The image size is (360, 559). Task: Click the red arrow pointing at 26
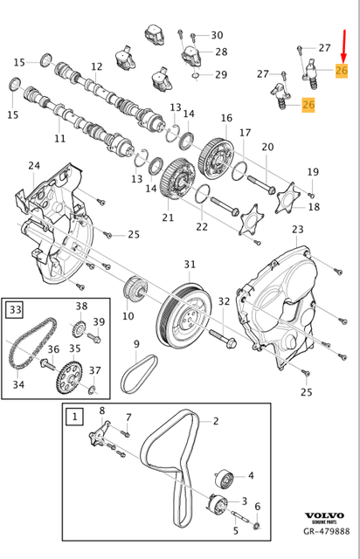click(x=344, y=45)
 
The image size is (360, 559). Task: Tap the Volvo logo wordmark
click(x=324, y=515)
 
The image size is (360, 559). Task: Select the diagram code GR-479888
click(x=327, y=531)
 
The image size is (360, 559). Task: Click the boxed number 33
click(x=16, y=309)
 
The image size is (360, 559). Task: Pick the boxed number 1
click(x=74, y=417)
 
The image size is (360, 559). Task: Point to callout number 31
click(x=190, y=264)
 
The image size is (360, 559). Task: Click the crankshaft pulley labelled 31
click(x=184, y=311)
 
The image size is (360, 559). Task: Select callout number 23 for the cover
click(x=297, y=229)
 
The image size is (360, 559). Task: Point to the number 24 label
click(x=34, y=165)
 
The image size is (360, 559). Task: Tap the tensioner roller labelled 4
click(x=225, y=478)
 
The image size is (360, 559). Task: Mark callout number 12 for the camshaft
click(x=96, y=66)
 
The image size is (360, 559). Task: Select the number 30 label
click(x=217, y=35)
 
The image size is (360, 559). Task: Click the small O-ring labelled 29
click(x=196, y=76)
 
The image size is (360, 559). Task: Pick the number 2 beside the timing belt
click(x=216, y=421)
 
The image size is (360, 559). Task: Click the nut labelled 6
click(x=256, y=525)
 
